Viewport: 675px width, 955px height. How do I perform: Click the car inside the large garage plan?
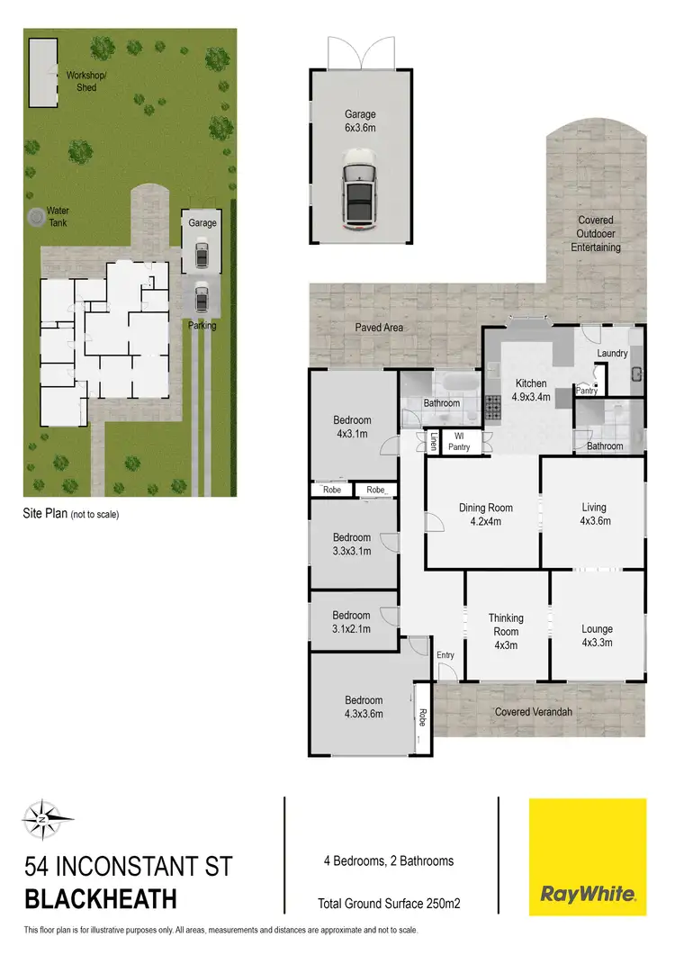359,191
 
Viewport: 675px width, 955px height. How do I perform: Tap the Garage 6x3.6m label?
359,122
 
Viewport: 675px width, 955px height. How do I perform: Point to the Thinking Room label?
506,625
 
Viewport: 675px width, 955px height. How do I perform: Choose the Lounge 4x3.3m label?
597,635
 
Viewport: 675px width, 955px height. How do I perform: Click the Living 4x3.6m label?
593,514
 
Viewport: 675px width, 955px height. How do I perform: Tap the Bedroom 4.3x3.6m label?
364,707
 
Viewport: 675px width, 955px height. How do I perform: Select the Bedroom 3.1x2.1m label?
352,622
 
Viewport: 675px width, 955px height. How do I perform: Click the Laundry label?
612,354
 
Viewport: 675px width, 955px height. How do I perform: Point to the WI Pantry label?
459,441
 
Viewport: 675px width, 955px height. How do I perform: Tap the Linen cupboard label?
433,442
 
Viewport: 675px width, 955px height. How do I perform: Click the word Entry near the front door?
445,655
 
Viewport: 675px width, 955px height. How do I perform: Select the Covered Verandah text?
534,712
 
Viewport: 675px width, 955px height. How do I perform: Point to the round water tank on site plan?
36,217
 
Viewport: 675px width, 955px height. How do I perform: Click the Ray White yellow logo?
588,856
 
